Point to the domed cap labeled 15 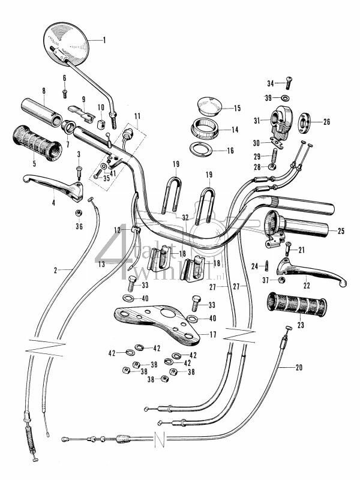point(209,106)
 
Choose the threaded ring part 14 point(204,128)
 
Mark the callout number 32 point(185,218)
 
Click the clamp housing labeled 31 point(282,119)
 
